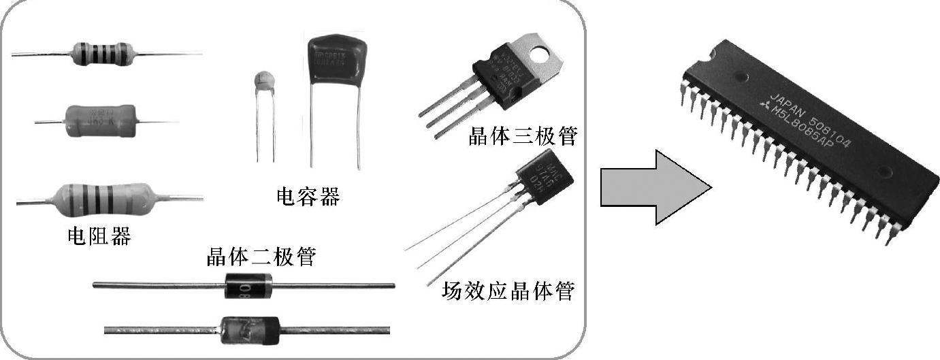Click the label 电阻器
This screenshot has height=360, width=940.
pos(99,236)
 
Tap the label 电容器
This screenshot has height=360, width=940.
pos(308,197)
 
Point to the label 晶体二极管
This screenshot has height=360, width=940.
pos(261,257)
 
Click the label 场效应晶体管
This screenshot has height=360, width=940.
pos(508,291)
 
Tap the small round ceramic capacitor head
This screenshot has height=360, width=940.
pos(263,82)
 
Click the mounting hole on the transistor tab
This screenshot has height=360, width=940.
pos(543,51)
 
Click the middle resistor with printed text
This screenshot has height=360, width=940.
pos(99,121)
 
